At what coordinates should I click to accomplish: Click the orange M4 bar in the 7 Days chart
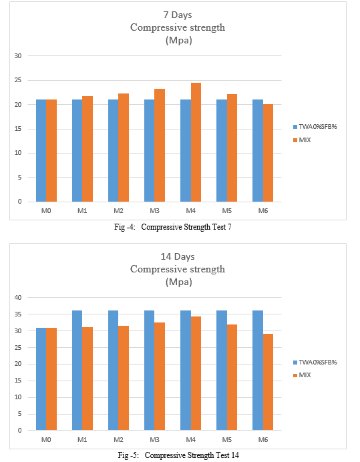[x=196, y=142]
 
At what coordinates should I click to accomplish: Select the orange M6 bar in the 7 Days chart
[x=268, y=153]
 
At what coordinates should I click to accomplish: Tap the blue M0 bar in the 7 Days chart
[x=41, y=151]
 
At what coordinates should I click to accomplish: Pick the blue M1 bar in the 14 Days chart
[x=77, y=371]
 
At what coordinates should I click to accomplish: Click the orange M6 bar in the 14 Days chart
[x=268, y=382]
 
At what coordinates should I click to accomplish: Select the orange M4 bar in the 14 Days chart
[x=196, y=373]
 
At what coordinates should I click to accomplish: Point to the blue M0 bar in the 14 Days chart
[x=41, y=379]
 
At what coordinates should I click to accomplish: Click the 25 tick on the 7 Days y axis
[x=18, y=80]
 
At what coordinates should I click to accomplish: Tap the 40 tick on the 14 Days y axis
[x=18, y=298]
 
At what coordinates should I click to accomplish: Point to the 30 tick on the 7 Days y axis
[x=18, y=55]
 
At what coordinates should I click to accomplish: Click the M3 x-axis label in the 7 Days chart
[x=154, y=211]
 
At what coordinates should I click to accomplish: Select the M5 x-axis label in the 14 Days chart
[x=226, y=439]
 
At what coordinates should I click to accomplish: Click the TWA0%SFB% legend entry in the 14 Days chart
[x=315, y=362]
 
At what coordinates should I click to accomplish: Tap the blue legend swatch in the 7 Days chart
[x=295, y=127]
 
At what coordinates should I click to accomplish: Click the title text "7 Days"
[x=178, y=15]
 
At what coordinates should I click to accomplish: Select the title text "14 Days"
[x=178, y=256]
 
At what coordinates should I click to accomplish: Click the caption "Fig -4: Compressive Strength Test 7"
[x=173, y=227]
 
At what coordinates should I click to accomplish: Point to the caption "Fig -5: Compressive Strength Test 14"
[x=178, y=455]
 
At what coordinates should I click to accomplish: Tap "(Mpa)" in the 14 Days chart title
[x=179, y=282]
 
